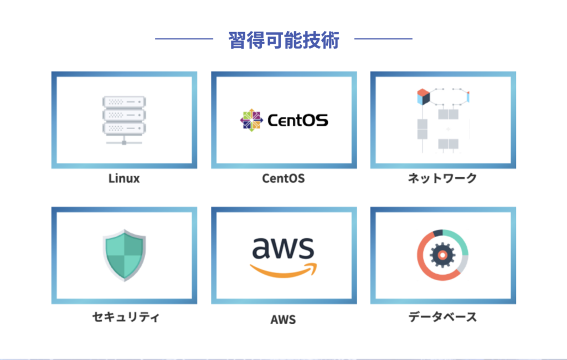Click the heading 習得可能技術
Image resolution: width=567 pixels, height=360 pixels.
click(x=283, y=40)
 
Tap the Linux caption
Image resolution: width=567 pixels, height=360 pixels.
click(x=124, y=179)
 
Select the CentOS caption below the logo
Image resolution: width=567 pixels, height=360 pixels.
click(x=283, y=179)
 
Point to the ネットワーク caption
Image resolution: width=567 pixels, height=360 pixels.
click(x=442, y=178)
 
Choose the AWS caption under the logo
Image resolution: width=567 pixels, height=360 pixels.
click(x=283, y=320)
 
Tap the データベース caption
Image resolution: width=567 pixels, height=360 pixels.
click(x=442, y=317)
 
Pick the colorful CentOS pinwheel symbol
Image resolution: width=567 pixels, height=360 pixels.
click(x=251, y=120)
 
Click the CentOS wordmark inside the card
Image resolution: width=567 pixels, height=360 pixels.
click(x=297, y=120)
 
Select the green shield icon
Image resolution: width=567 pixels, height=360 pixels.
click(x=124, y=255)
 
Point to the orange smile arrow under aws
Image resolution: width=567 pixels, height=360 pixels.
click(x=283, y=270)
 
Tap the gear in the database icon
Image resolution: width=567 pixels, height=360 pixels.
click(x=442, y=255)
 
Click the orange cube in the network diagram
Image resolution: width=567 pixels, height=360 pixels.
click(x=424, y=96)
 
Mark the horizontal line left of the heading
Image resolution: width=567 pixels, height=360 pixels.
click(x=184, y=39)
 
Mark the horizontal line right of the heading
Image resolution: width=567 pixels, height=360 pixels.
click(x=383, y=39)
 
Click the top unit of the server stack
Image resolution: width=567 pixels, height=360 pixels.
click(x=124, y=102)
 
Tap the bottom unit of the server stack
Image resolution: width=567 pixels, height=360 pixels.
click(x=124, y=128)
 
